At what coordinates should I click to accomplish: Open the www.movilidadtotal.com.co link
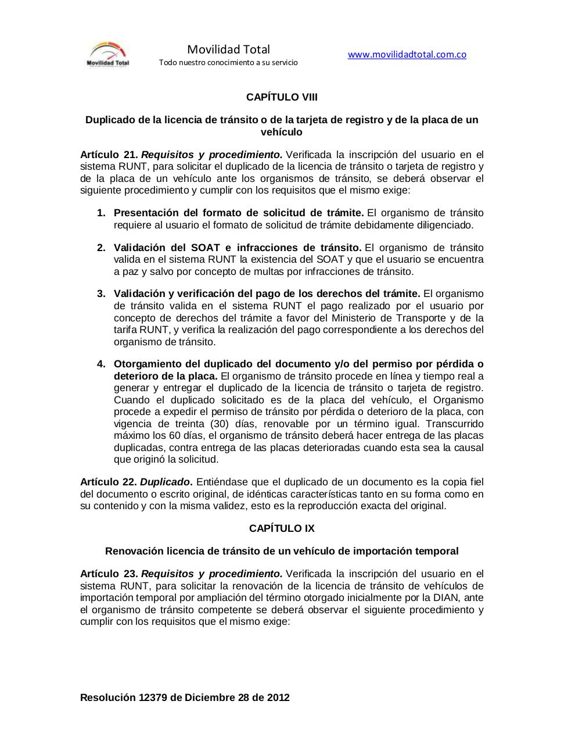[407, 55]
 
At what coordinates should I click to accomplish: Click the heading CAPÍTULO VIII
[282, 97]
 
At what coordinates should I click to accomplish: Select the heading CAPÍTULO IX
[282, 528]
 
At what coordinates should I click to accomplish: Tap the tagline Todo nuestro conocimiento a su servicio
[228, 62]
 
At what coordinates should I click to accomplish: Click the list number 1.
[101, 213]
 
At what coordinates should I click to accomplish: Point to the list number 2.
[101, 248]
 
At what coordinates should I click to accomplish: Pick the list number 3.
[101, 294]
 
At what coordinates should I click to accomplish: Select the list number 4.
[101, 364]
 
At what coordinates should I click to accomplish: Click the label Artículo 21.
[109, 155]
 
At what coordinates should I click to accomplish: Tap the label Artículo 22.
[109, 482]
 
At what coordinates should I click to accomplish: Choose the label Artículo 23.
[109, 574]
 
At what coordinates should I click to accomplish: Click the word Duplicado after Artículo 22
[165, 482]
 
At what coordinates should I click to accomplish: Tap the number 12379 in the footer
[153, 697]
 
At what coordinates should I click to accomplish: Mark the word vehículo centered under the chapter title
[282, 132]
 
